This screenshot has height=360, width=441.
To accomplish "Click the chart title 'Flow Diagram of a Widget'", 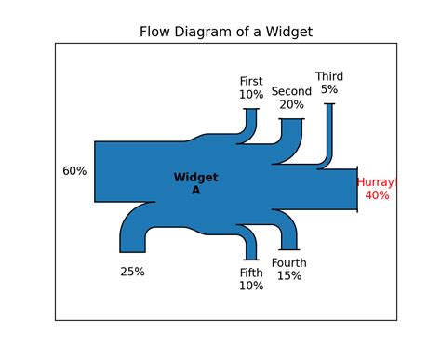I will [225, 32].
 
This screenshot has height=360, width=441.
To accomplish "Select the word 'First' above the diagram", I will [251, 81].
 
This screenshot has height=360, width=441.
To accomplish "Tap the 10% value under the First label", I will [251, 94].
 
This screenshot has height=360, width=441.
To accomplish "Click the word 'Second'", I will [291, 91].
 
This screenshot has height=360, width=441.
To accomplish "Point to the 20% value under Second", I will [291, 104].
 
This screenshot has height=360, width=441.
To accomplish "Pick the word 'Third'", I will [329, 76].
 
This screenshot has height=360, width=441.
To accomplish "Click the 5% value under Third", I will [329, 89].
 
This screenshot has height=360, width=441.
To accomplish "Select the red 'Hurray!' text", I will [379, 182].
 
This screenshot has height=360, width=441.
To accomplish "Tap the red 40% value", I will [378, 195].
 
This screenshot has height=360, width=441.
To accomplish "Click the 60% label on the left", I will [74, 171].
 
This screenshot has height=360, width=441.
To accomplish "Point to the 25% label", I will [132, 272].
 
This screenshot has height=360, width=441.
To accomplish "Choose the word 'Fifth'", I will [251, 273].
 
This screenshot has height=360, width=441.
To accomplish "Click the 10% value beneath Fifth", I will [251, 286].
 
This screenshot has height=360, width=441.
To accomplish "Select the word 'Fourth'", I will [289, 263].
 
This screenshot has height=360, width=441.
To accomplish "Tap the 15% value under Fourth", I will [289, 276].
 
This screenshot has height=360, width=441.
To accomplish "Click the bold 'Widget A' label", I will [195, 183].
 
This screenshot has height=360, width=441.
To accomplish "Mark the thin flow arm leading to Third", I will [328, 135].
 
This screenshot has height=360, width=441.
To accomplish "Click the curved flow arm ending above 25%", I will [133, 233].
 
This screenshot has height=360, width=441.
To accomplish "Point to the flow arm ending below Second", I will [291, 135].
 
